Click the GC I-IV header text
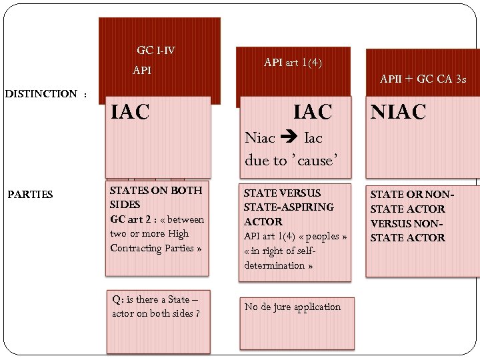click(x=155, y=51)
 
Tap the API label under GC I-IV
click(x=142, y=70)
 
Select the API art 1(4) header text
click(x=293, y=63)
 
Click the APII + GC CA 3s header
click(x=423, y=79)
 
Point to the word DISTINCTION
click(x=41, y=94)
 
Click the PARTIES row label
click(x=30, y=195)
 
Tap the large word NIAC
click(x=398, y=112)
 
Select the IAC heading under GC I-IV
click(x=130, y=112)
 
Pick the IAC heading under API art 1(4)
click(x=313, y=112)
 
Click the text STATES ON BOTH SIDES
click(x=155, y=197)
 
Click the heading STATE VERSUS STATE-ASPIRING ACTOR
click(x=288, y=207)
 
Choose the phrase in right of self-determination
click(x=279, y=258)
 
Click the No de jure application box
click(x=293, y=307)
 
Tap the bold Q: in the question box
click(x=117, y=299)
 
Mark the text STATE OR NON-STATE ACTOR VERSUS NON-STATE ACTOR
click(x=411, y=216)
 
